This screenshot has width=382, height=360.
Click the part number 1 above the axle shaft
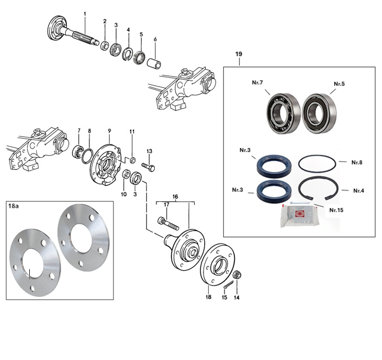[x=85, y=14]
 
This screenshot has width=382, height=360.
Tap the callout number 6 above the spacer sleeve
[x=155, y=40]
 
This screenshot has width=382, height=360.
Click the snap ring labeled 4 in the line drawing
[x=127, y=54]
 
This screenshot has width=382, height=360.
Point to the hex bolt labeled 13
[x=149, y=167]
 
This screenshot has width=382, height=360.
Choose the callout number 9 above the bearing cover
[x=110, y=131]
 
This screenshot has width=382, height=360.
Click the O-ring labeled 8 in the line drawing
[x=87, y=156]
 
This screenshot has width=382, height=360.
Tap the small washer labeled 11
[x=133, y=160]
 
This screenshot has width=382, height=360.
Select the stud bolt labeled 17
[x=168, y=223]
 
